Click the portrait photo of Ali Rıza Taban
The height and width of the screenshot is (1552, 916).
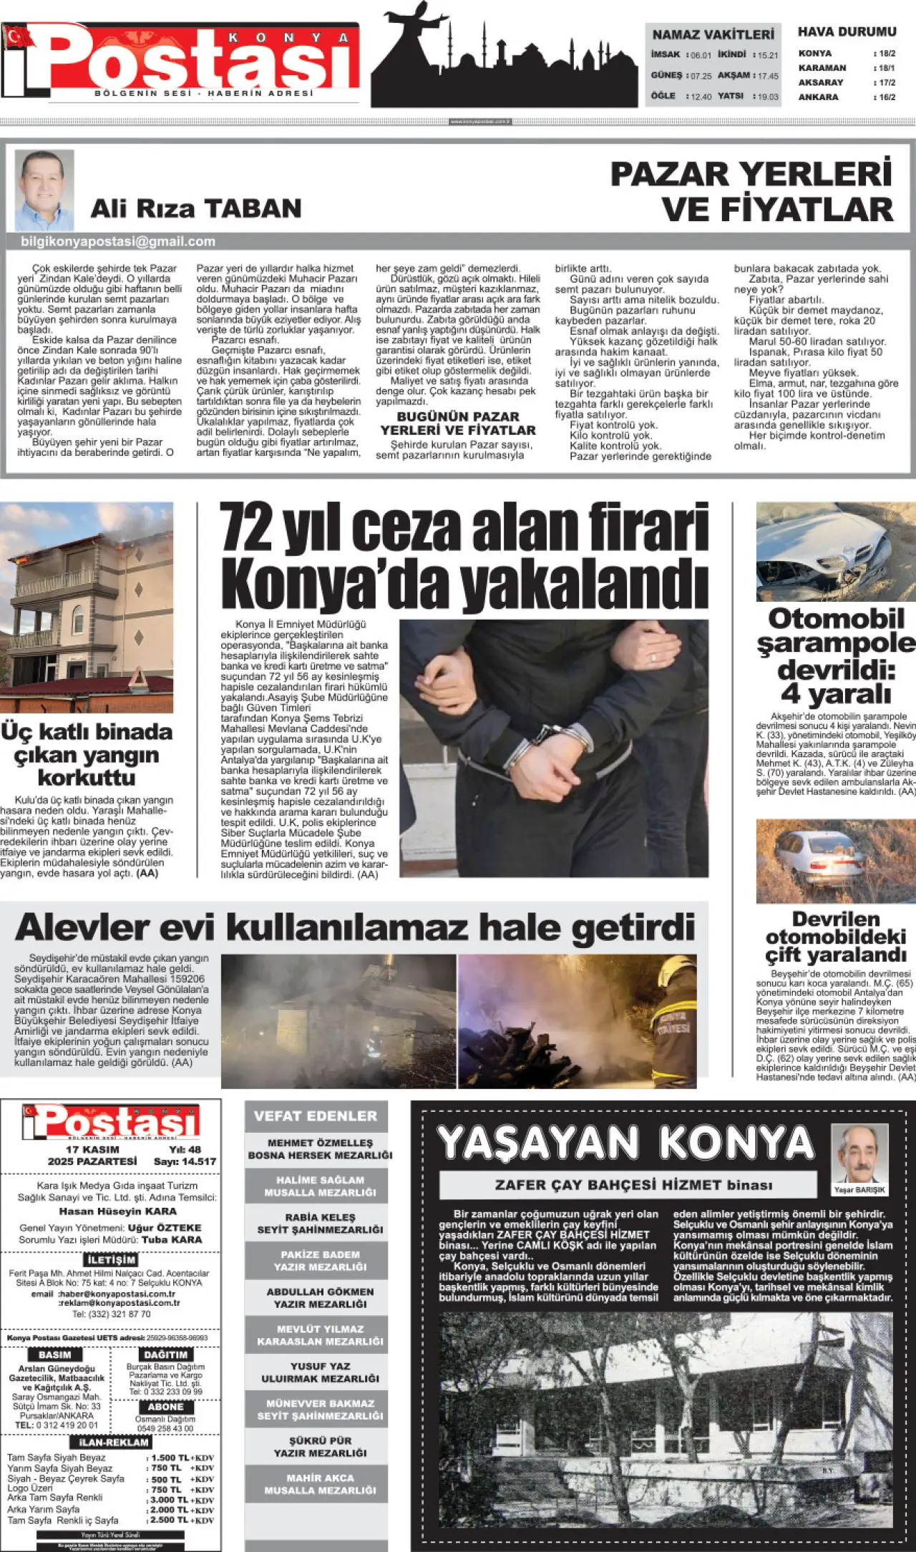44,189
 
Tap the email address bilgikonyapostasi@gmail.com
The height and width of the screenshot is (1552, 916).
118,242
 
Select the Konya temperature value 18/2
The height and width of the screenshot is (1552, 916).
887,54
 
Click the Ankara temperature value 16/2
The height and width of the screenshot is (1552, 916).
887,97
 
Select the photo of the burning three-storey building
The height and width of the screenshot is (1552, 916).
86,607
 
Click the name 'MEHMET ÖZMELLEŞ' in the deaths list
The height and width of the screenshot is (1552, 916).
320,1143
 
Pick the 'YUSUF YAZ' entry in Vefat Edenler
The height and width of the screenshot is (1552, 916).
320,1366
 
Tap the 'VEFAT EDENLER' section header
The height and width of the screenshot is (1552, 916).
316,1116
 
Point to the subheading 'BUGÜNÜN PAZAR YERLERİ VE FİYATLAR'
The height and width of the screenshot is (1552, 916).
457,423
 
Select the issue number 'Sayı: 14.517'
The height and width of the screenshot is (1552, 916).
185,1161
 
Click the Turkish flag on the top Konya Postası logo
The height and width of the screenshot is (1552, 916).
17,36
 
